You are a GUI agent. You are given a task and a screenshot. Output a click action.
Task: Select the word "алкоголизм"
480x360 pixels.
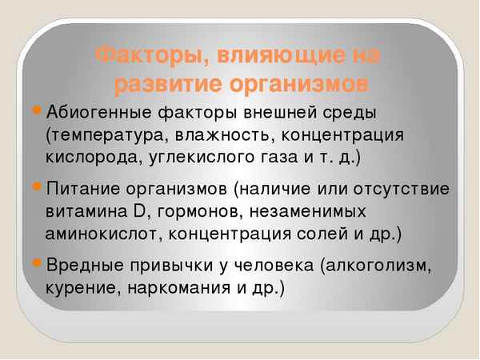pos(384,266)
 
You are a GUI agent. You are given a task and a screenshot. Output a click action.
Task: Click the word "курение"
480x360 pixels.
pos(83,288)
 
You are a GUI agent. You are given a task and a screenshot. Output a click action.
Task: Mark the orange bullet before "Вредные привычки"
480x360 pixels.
pos(39,265)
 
